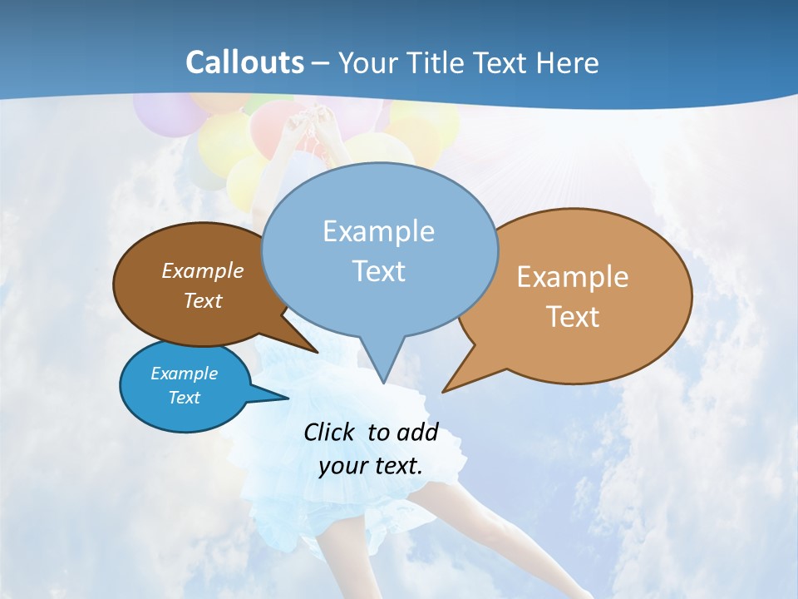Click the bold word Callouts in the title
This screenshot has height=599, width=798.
[244, 62]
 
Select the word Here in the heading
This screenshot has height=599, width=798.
[567, 62]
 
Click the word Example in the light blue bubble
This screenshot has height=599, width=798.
[378, 231]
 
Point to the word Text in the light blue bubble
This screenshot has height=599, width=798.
[378, 271]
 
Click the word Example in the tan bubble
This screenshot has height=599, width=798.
[573, 277]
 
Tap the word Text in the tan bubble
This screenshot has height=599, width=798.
[573, 317]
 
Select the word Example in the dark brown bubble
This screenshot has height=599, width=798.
[202, 271]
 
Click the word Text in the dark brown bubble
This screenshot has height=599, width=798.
[202, 300]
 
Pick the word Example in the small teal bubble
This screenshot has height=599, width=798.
[184, 374]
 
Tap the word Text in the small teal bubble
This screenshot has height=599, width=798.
[184, 398]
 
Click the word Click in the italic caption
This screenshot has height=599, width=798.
[331, 432]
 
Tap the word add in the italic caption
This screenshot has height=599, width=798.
[416, 432]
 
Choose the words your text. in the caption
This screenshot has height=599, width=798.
[370, 466]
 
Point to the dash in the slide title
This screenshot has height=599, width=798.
[320, 63]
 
